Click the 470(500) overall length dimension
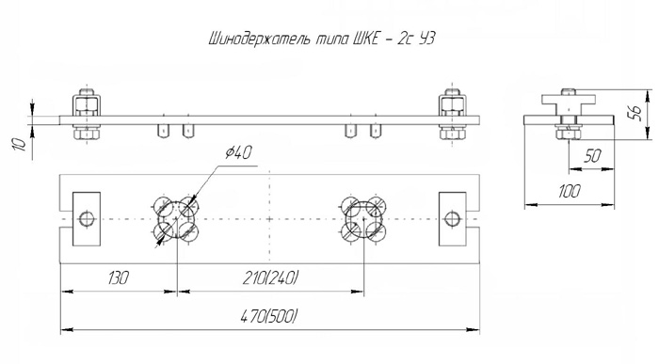(269, 316)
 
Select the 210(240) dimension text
(271, 277)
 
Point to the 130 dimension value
(118, 277)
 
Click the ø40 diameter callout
(238, 152)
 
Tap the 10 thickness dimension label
(20, 145)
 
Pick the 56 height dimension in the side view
(635, 113)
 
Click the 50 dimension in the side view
(592, 156)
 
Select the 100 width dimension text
(570, 191)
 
